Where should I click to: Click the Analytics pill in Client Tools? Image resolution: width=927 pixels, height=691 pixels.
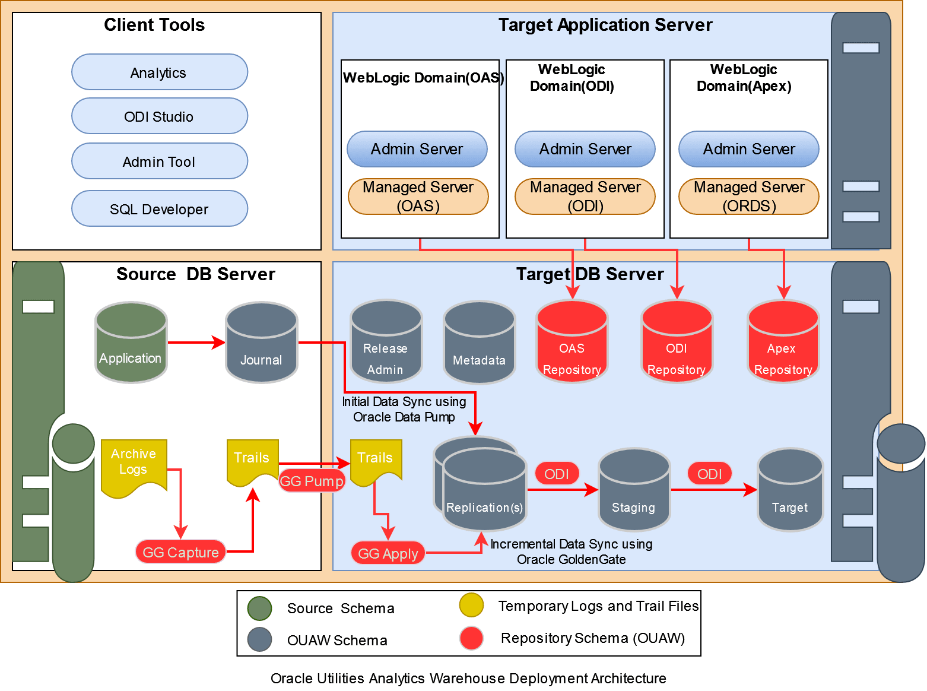click(x=159, y=72)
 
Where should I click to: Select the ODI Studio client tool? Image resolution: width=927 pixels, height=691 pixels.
click(x=159, y=116)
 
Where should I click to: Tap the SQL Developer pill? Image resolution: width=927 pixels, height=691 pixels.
click(x=159, y=209)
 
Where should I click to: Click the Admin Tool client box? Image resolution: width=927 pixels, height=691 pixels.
click(x=159, y=161)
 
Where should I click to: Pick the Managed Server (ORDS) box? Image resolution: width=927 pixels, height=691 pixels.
click(x=748, y=196)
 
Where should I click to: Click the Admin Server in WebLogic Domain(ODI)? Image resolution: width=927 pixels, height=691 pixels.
click(x=585, y=149)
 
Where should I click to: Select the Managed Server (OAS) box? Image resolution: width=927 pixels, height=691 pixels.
click(x=418, y=196)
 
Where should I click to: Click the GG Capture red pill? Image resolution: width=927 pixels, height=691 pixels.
click(x=180, y=552)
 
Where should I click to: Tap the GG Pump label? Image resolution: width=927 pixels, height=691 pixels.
click(x=312, y=481)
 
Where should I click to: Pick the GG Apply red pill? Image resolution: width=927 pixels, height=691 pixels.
click(x=388, y=553)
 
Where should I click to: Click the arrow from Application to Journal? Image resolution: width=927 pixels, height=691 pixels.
click(x=196, y=343)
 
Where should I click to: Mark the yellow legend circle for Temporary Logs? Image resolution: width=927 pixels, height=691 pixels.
click(x=471, y=606)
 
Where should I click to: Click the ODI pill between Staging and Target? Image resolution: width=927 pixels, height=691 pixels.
click(x=709, y=474)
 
